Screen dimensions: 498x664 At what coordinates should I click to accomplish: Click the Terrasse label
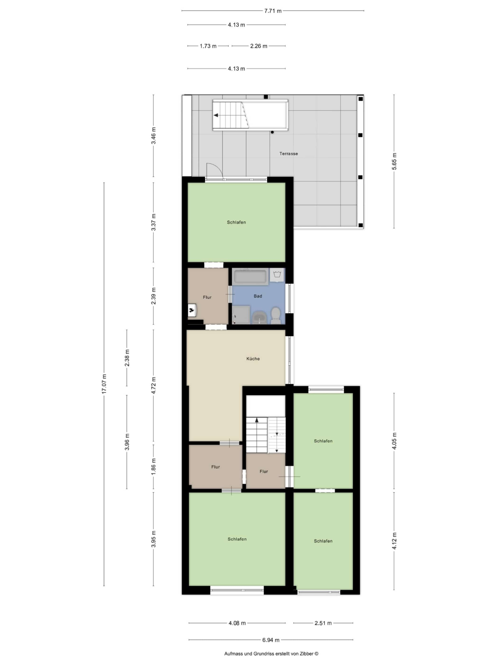[289, 154]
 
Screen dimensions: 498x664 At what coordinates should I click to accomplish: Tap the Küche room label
[253, 359]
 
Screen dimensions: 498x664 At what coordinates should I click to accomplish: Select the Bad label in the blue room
[258, 296]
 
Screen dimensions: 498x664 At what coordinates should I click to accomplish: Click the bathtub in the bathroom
[250, 277]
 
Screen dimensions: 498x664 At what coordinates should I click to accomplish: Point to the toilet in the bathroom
[276, 315]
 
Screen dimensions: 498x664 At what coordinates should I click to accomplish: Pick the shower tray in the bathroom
[241, 314]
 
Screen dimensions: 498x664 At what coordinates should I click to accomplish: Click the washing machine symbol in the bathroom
[277, 275]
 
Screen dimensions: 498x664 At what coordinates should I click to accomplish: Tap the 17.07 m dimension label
[104, 384]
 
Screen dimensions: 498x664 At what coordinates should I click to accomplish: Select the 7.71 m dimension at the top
[273, 11]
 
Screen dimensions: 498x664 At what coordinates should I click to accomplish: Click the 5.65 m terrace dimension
[394, 161]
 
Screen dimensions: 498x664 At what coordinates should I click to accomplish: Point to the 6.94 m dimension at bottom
[271, 640]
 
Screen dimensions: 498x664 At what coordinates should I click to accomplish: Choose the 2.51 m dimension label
[323, 623]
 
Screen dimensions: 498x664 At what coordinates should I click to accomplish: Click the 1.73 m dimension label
[208, 46]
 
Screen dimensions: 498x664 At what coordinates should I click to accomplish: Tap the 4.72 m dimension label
[154, 385]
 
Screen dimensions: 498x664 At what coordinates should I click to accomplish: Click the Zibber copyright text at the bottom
[271, 654]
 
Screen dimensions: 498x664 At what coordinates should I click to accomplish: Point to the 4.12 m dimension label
[394, 541]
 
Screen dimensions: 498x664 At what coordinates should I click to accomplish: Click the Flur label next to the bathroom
[207, 297]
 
